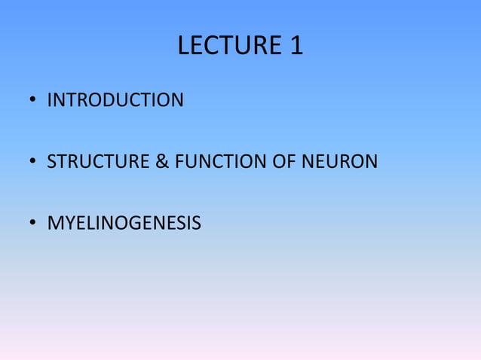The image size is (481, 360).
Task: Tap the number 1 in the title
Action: click(296, 47)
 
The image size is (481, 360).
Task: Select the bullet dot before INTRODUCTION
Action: click(33, 100)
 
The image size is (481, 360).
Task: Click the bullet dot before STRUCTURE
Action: click(33, 162)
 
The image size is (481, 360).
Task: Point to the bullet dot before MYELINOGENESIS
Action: click(33, 224)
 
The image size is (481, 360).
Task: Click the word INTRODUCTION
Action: click(115, 99)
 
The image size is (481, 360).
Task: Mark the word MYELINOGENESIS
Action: click(124, 223)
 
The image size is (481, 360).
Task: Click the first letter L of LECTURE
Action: click(183, 47)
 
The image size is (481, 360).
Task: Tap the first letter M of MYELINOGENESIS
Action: click(54, 223)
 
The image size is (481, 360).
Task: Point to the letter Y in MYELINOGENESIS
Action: click(68, 223)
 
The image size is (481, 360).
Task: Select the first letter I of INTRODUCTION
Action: click(49, 99)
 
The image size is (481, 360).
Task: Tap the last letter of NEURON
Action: click(371, 161)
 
